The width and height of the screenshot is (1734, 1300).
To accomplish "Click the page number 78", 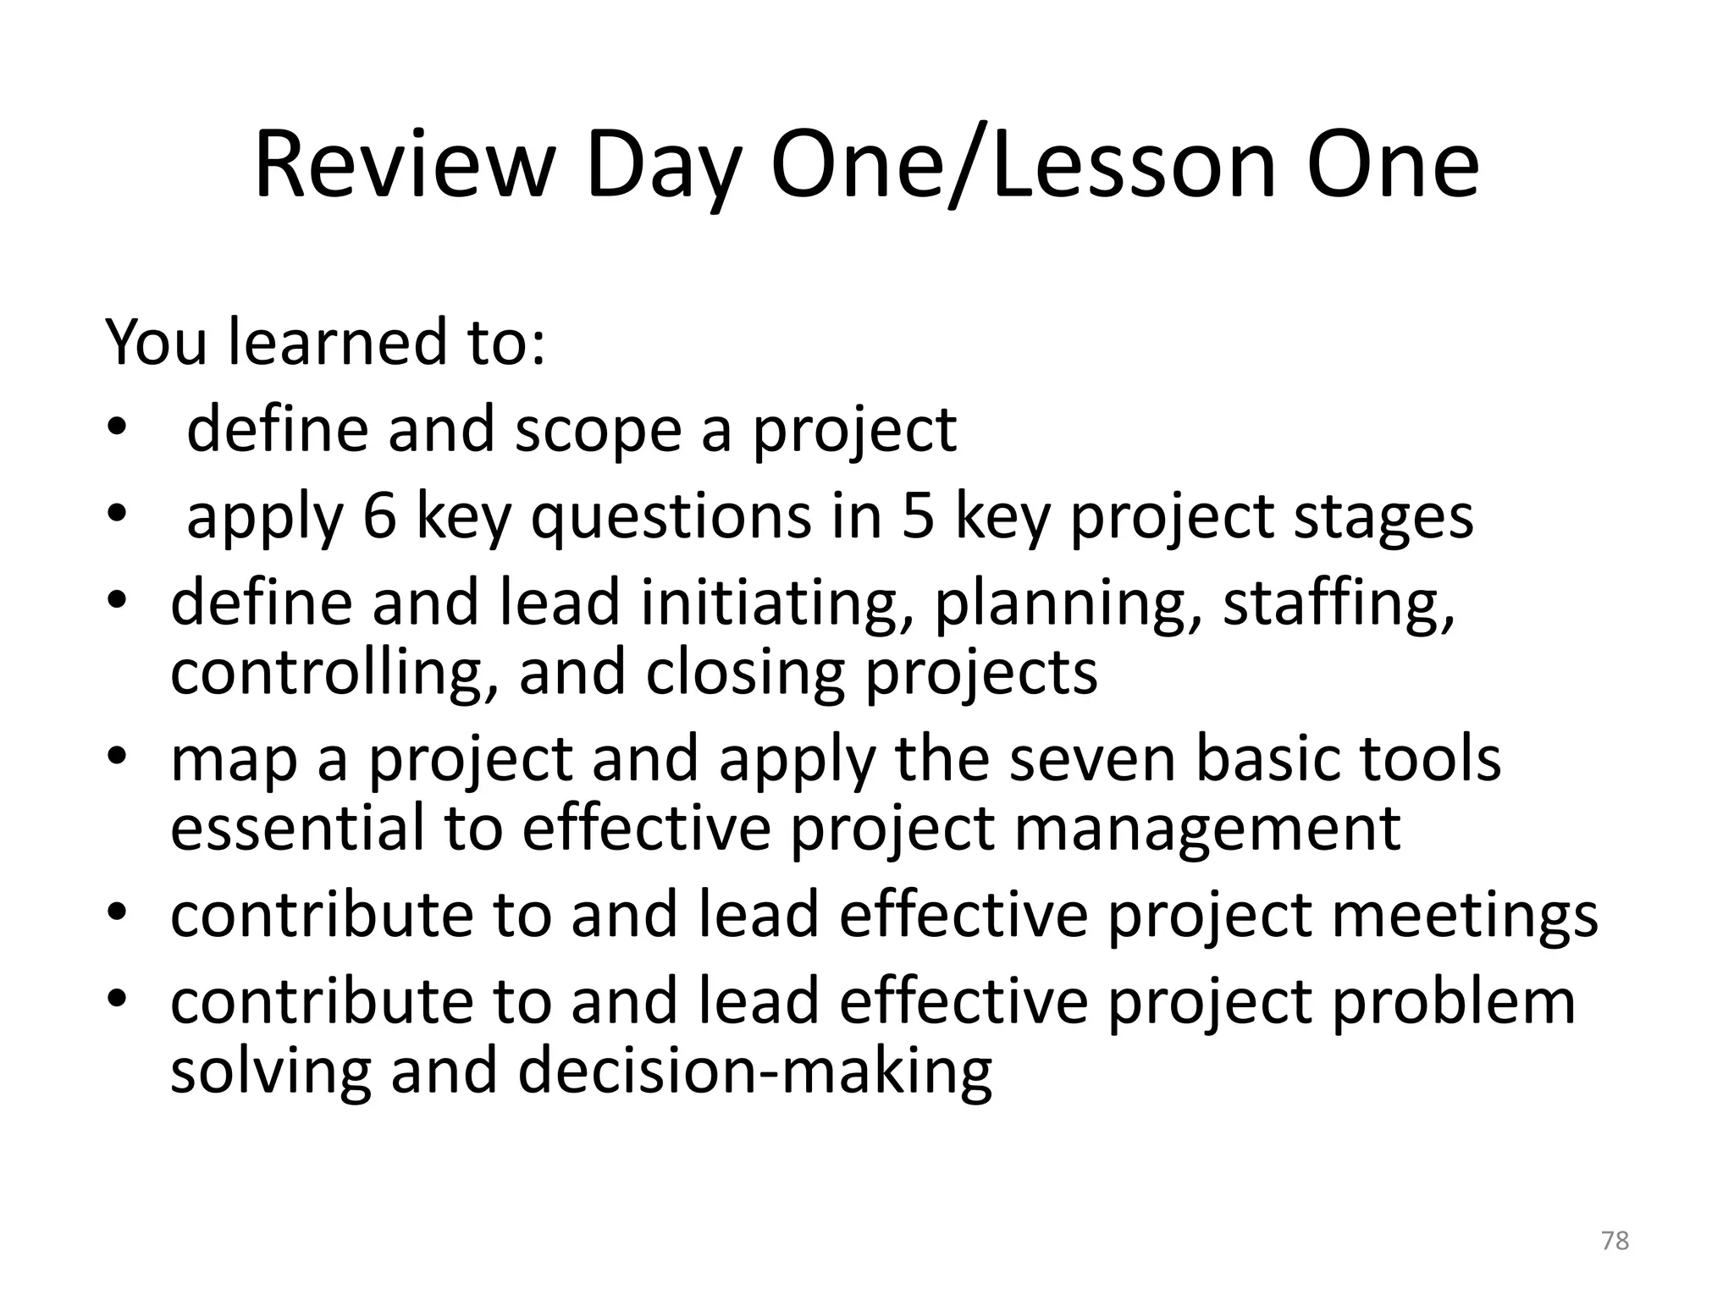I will click(x=1615, y=1241).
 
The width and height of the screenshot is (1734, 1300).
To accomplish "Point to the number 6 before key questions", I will click(x=379, y=515).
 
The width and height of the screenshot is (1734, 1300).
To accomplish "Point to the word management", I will click(x=1207, y=830).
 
